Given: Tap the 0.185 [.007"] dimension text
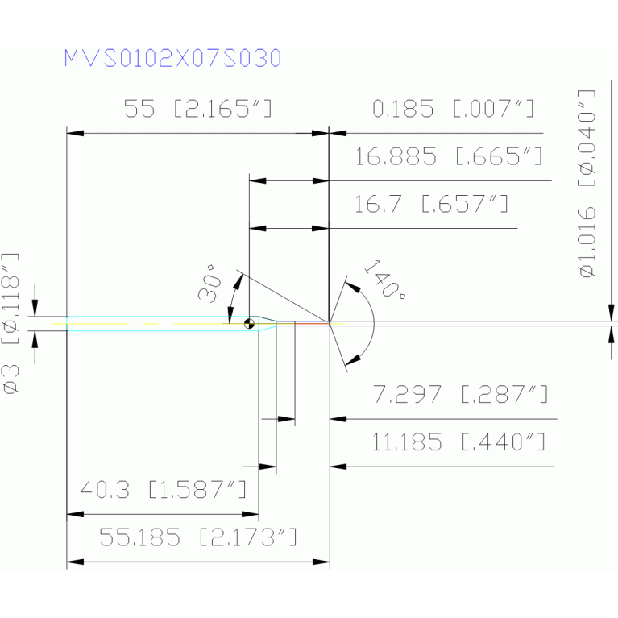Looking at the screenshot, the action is (x=454, y=109).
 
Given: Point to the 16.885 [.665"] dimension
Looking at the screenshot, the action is (x=448, y=156).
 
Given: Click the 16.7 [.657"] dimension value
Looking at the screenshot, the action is (x=432, y=205).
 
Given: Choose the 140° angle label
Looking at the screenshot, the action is (x=385, y=280).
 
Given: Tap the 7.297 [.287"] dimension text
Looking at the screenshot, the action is (x=461, y=395).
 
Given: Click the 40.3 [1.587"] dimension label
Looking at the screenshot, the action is (x=163, y=490).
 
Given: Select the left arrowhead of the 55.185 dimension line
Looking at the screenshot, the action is (x=72, y=561).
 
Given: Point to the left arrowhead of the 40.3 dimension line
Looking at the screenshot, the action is (x=72, y=513).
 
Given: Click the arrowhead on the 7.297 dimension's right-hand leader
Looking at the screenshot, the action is (x=337, y=419).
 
